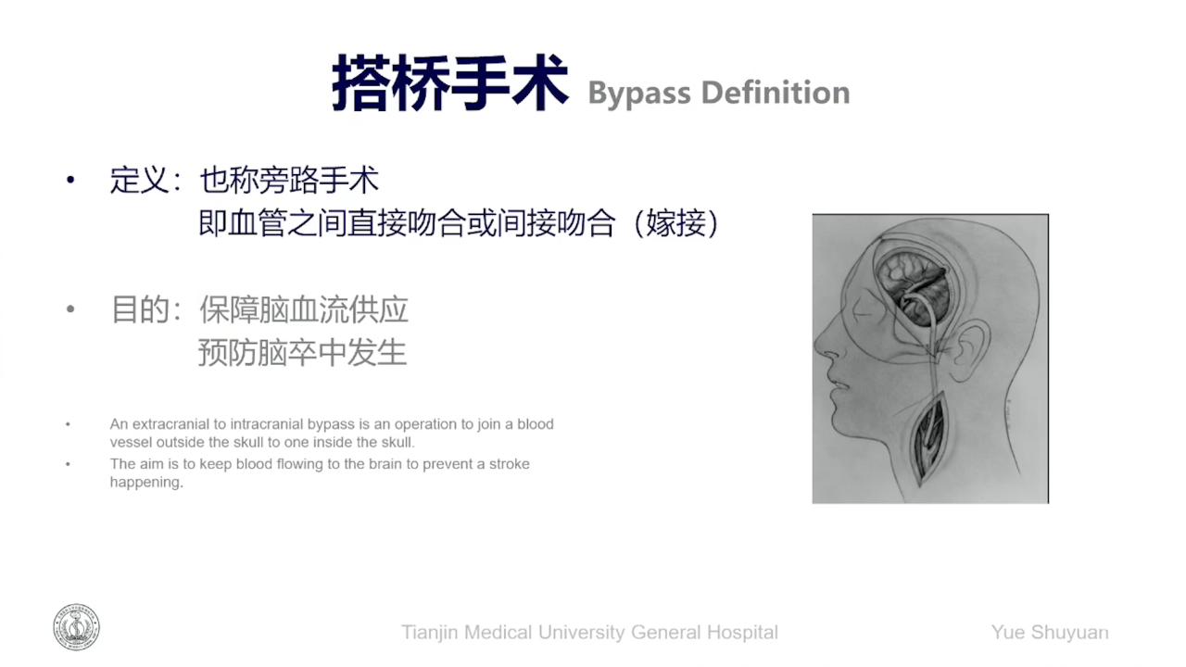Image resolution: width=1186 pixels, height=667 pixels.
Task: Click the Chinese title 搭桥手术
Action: coord(450,83)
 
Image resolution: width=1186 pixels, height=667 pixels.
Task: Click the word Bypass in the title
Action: coord(639,94)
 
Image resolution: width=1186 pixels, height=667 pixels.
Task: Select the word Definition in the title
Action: coord(776,92)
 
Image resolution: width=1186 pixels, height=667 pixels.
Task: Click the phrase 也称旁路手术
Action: coord(289,180)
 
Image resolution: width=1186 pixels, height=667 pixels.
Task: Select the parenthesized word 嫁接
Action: coord(676,223)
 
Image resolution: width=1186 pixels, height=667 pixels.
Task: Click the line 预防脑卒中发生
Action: coord(303,353)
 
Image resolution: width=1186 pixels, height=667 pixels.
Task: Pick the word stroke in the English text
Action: coord(510,464)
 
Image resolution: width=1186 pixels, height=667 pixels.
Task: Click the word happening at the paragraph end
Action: coord(146,483)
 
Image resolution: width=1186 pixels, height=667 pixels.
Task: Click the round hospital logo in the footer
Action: coord(76,627)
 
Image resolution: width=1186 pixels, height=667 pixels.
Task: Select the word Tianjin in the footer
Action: coord(429,632)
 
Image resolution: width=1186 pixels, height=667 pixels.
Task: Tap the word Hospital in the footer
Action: coord(743,632)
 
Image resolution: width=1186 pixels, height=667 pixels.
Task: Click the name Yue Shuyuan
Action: coord(1050,632)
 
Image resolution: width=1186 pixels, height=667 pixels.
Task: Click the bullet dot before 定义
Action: coord(70,181)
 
